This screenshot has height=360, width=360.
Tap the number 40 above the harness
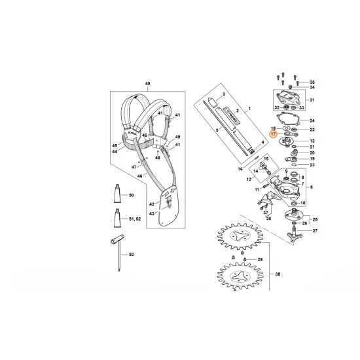[147, 84]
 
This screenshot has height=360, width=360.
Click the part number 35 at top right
[312, 81]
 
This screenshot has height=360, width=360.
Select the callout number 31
[312, 100]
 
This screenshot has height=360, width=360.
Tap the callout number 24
[312, 121]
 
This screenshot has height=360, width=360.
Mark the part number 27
[314, 231]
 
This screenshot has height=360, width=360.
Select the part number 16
[240, 169]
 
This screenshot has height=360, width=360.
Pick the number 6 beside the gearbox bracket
[311, 187]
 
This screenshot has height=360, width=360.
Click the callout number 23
[312, 166]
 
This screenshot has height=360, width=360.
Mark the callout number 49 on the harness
[177, 136]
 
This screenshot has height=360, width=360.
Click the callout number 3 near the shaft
[223, 95]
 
